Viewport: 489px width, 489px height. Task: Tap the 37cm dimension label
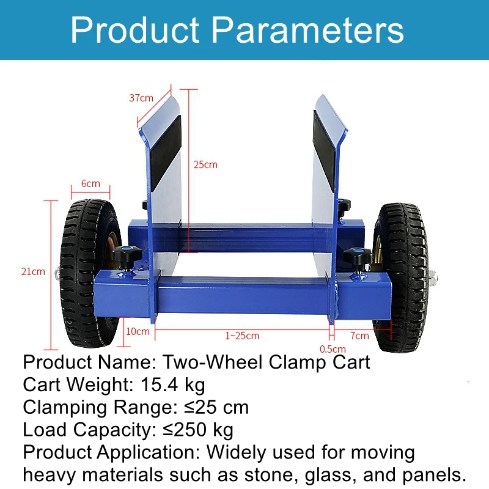141,98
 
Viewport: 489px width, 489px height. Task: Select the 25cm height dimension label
205,164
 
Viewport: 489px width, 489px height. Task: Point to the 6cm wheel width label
90,183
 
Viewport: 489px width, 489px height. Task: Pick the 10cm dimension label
138,333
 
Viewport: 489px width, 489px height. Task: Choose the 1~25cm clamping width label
241,336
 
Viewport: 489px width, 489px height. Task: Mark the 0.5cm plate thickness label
332,349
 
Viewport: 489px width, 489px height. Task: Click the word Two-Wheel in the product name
205,362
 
